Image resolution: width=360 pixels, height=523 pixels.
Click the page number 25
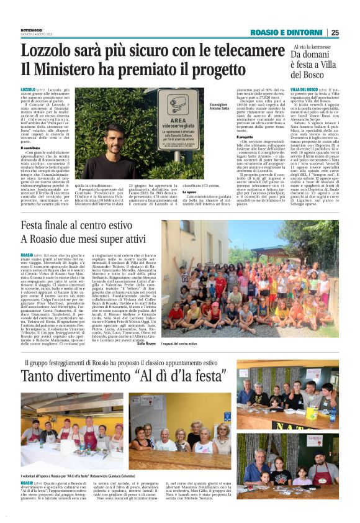(335, 33)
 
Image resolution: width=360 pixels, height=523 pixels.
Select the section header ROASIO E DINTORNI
(288, 33)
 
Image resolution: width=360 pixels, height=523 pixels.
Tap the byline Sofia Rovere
(146, 343)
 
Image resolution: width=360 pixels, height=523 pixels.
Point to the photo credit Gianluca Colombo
(151, 475)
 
